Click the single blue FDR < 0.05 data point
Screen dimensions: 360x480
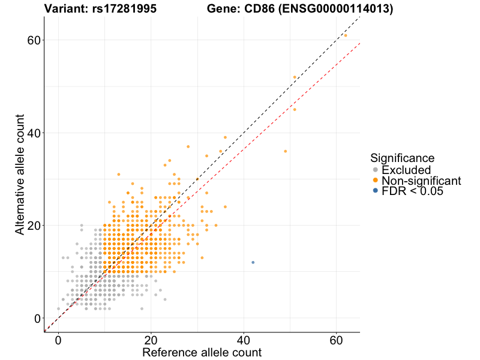pyautogui.click(x=253, y=262)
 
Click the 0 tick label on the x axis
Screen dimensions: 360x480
pyautogui.click(x=58, y=340)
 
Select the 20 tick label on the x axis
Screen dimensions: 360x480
pyautogui.click(x=151, y=340)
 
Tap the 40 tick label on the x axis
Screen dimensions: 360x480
pyautogui.click(x=244, y=340)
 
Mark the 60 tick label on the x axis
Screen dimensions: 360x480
pyautogui.click(x=336, y=340)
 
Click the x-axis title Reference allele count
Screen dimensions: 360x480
pyautogui.click(x=202, y=352)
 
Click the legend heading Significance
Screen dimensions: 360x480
pyautogui.click(x=402, y=158)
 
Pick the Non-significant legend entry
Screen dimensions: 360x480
pyautogui.click(x=421, y=181)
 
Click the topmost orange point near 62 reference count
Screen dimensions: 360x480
pyautogui.click(x=346, y=35)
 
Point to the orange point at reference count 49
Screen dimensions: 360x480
pyautogui.click(x=285, y=151)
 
